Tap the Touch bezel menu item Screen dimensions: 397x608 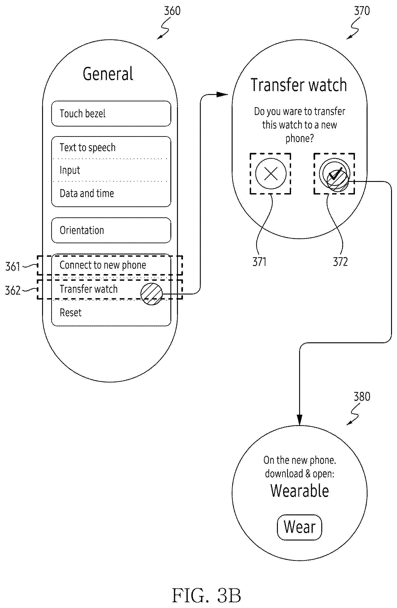tap(111, 113)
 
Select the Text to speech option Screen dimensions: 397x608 tap(111, 148)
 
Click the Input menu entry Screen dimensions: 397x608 tap(111, 170)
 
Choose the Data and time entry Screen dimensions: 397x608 tap(111, 194)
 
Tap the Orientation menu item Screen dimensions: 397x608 tap(111, 230)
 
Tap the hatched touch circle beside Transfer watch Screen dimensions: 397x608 tap(151, 294)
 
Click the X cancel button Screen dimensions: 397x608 tap(271, 174)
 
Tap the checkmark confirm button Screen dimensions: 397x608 tap(334, 174)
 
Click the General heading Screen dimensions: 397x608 tap(108, 74)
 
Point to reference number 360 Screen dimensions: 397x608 tap(172, 11)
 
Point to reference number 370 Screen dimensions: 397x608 tap(362, 11)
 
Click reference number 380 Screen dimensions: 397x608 tap(362, 397)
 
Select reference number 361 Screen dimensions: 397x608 tap(13, 266)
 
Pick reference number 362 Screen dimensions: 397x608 tap(13, 290)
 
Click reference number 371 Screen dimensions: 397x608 tap(259, 262)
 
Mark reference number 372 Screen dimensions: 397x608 tap(340, 262)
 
